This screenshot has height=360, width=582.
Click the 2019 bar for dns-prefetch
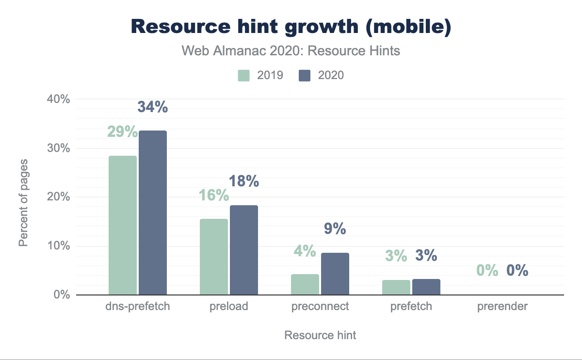coord(123,225)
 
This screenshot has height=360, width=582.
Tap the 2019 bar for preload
coord(214,257)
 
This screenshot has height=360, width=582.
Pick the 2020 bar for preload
coord(244,250)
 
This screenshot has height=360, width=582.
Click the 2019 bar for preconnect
coord(305,284)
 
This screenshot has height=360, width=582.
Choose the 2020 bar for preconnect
coord(335,274)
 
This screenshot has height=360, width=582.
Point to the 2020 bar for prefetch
coord(426,287)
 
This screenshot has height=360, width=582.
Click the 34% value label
coord(153,107)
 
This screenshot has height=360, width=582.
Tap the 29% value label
coord(122,131)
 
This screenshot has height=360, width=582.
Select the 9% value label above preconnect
coord(335,229)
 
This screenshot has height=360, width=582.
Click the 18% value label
coord(243,181)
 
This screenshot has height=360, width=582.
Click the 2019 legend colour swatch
coord(243,75)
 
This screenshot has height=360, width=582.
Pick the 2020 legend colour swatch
coord(305,75)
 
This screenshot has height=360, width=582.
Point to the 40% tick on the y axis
coord(59,99)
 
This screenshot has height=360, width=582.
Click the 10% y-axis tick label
coord(59,246)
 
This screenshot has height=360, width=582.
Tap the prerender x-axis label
coord(502,307)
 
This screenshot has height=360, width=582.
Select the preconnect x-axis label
coord(320,307)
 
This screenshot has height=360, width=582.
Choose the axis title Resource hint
coord(320,335)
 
